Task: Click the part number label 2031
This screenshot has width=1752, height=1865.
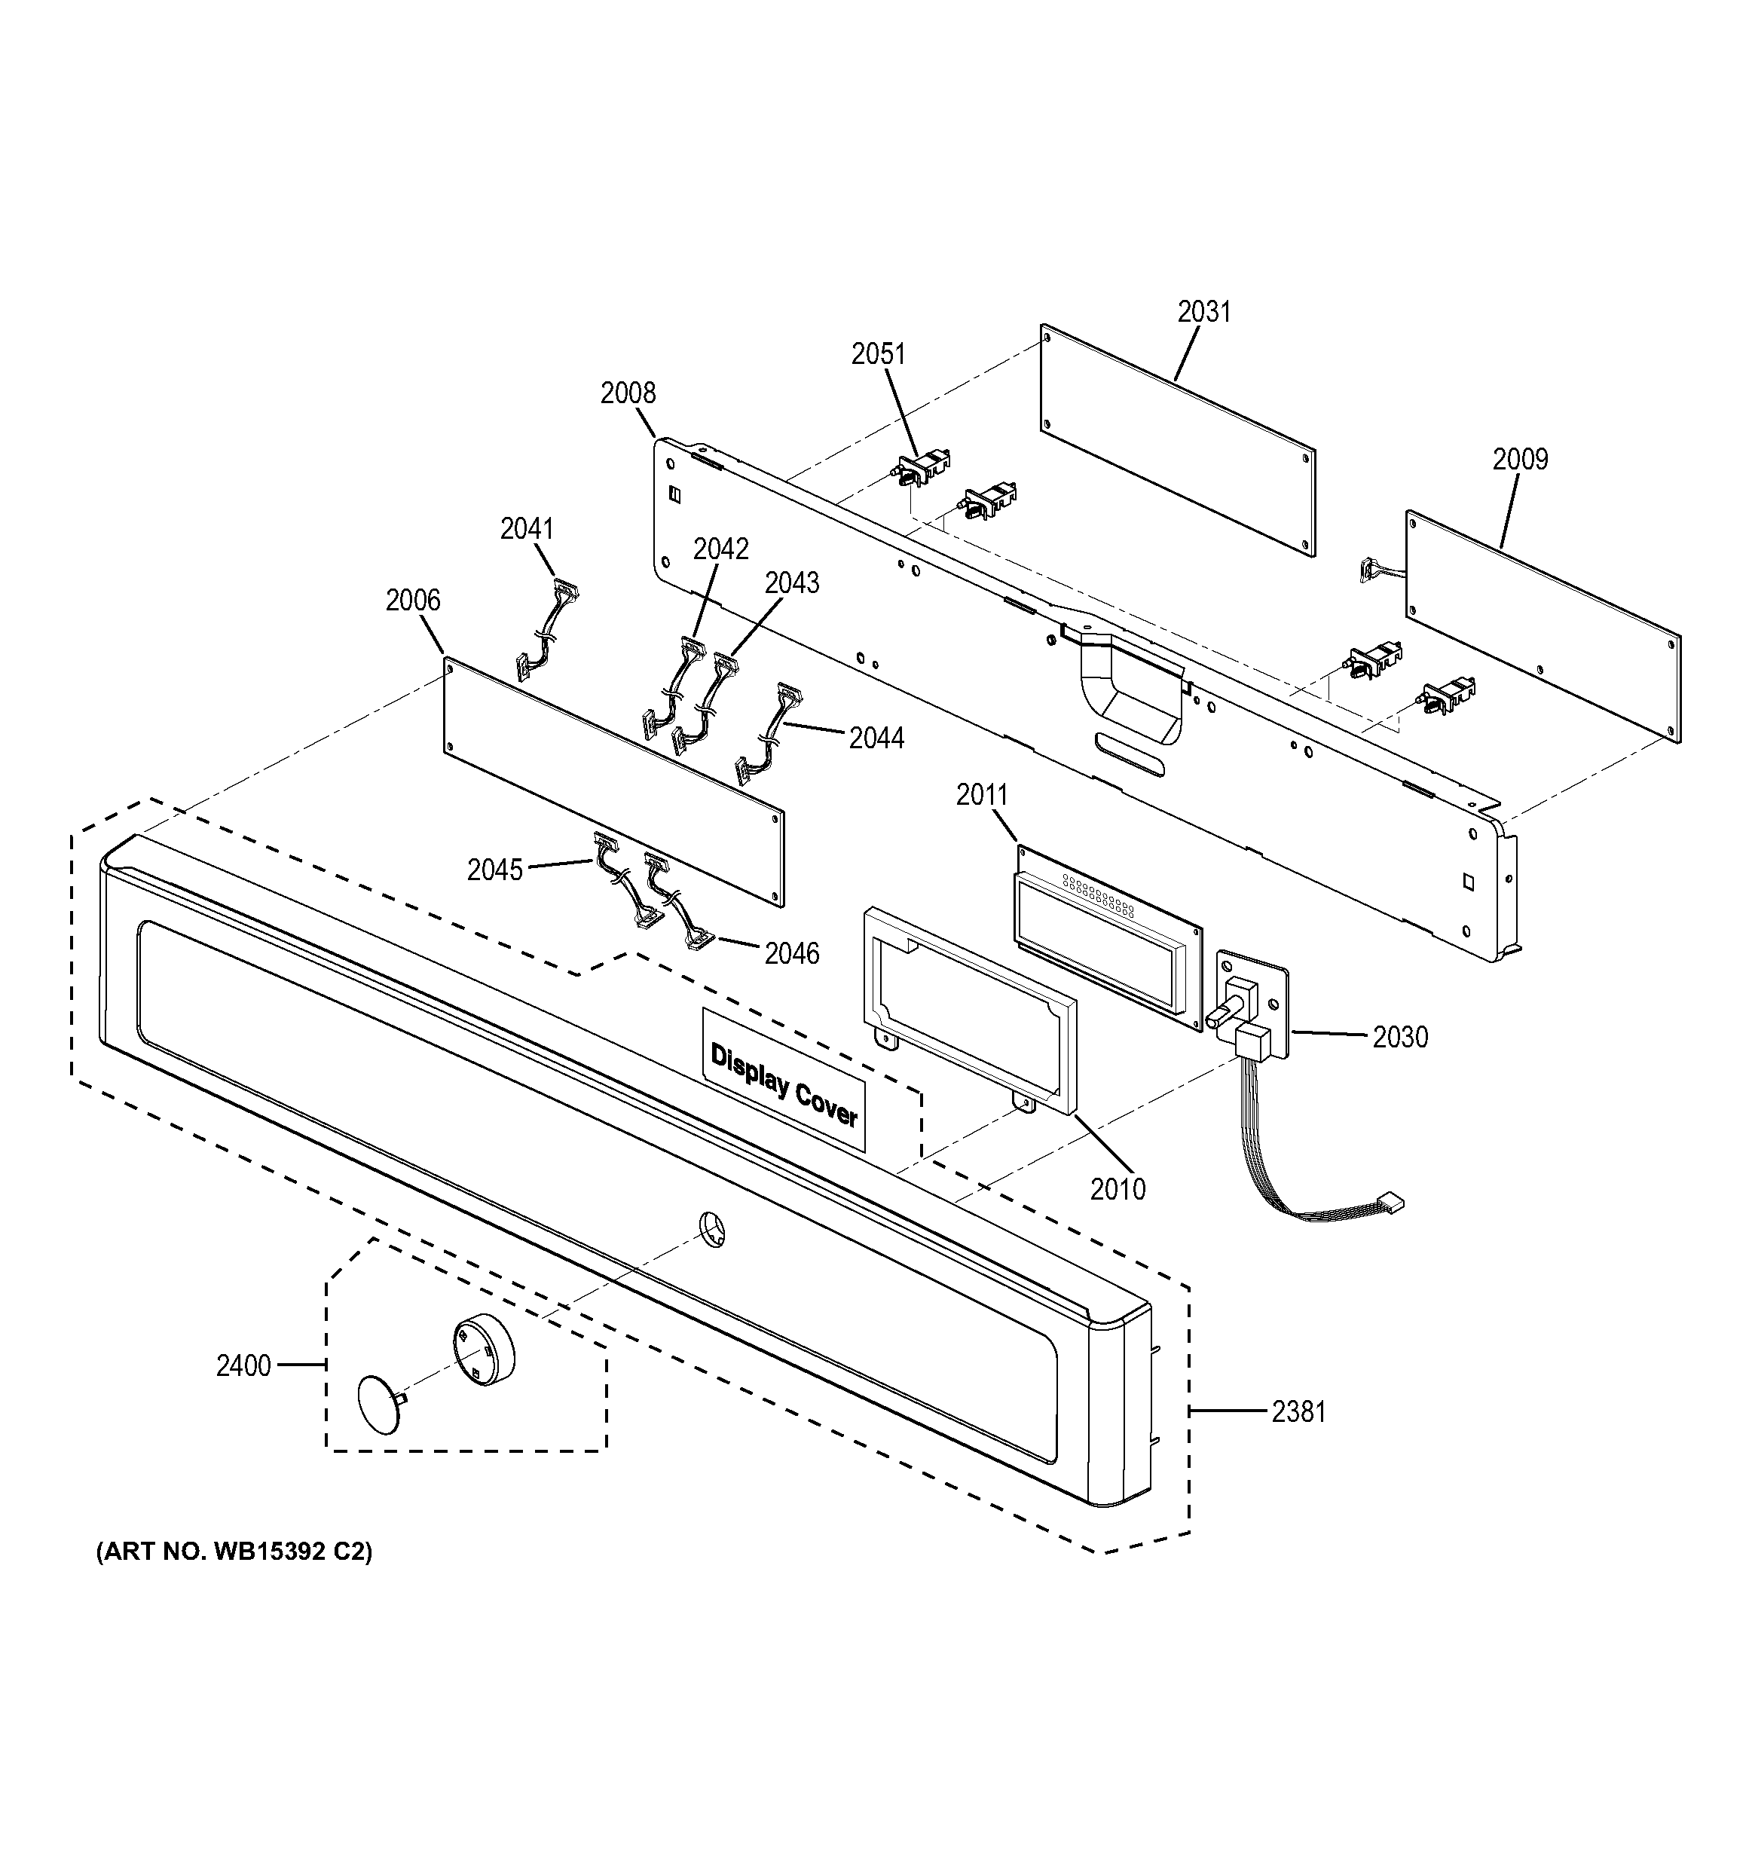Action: coord(1203,311)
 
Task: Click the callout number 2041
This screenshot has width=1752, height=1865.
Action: coord(526,529)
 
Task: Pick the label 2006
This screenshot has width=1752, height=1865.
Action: coord(413,600)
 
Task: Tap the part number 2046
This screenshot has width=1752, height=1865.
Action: coord(791,954)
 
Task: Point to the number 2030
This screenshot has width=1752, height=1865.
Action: coord(1399,1037)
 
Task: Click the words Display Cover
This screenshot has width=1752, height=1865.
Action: coord(784,1084)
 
